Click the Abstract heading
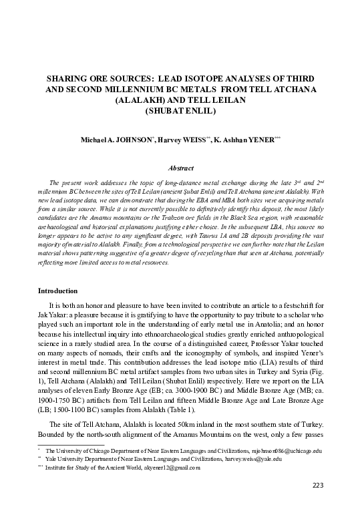coord(180,169)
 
